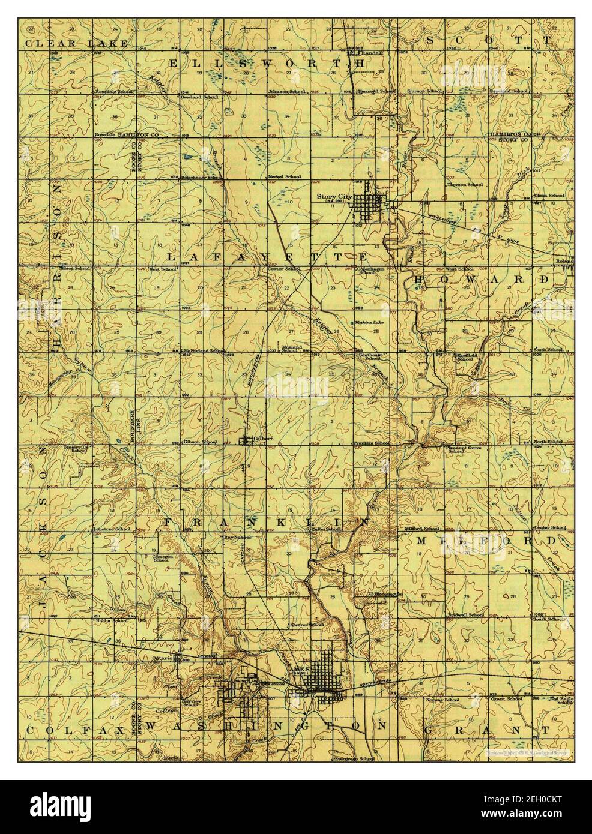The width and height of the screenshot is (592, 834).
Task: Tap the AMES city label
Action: [x=298, y=668]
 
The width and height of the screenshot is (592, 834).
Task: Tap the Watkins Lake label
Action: [x=369, y=323]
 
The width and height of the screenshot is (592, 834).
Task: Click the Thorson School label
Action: [x=465, y=185]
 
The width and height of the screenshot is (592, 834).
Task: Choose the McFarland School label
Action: [x=205, y=351]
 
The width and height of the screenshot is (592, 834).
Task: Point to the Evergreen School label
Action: [x=352, y=760]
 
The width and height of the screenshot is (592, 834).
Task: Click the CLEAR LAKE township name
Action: [x=76, y=44]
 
